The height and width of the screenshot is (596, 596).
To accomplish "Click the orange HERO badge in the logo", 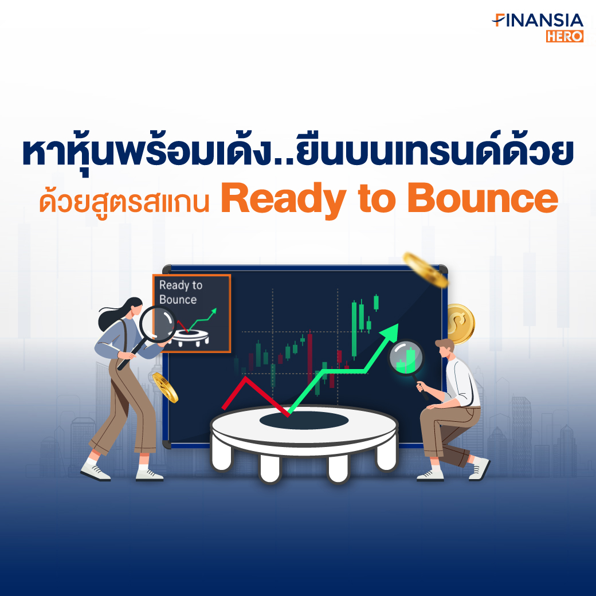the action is click(564, 36).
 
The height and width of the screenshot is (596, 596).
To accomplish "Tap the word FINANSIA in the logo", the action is click(538, 21).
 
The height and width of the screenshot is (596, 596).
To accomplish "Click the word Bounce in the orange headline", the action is click(483, 198).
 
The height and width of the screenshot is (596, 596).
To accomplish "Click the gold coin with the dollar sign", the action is click(460, 323).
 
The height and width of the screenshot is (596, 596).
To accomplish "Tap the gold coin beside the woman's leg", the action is click(166, 387).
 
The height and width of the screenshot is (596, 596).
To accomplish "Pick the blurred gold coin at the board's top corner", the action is click(425, 269).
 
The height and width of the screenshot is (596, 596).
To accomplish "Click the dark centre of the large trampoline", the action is click(304, 420).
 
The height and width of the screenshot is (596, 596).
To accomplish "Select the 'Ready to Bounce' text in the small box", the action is click(181, 292).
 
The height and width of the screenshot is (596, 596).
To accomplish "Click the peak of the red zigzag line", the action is click(245, 377).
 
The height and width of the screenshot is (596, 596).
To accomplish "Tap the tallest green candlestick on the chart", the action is click(354, 329).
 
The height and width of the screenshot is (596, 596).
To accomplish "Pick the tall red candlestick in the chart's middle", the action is click(310, 357).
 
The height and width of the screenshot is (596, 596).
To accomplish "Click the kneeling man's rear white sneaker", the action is click(479, 468).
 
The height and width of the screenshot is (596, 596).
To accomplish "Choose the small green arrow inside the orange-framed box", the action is click(202, 320).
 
